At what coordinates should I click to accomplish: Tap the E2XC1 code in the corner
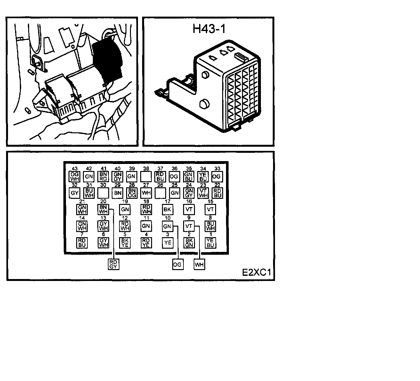(256, 273)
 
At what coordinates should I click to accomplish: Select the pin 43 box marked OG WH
(74, 176)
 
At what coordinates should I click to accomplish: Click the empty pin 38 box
(146, 176)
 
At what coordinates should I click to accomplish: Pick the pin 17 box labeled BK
(167, 210)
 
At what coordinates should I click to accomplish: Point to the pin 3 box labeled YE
(167, 243)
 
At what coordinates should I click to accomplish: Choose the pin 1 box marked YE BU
(210, 243)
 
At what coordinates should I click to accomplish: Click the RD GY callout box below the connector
(113, 264)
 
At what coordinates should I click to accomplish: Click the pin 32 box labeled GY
(74, 193)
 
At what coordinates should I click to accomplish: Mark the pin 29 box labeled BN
(117, 193)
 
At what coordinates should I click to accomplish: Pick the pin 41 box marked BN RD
(103, 176)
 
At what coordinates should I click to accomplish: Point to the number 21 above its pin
(82, 201)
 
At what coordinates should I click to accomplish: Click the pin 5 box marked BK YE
(125, 243)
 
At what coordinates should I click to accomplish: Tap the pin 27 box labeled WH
(146, 193)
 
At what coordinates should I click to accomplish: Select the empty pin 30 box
(103, 193)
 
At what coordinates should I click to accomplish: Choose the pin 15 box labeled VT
(210, 210)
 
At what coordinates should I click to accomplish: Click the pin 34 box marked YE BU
(203, 176)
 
